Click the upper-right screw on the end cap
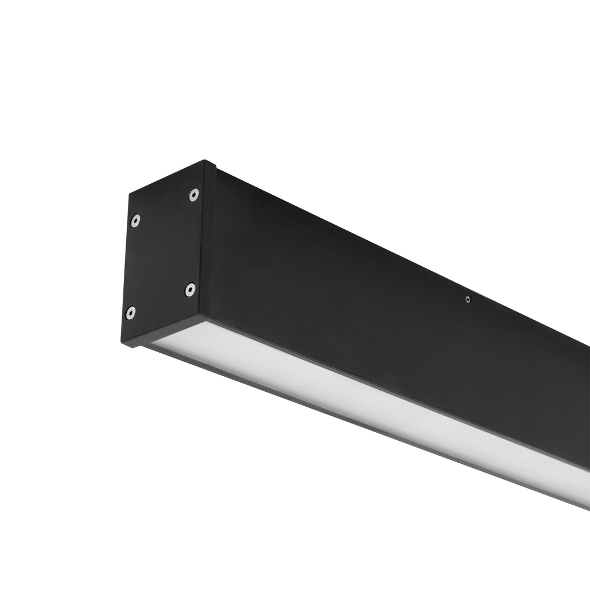194,195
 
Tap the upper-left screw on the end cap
135,220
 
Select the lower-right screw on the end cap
190,289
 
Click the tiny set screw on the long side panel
468,299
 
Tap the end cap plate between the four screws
163,254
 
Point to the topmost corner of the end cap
205,161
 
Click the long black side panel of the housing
375,300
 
